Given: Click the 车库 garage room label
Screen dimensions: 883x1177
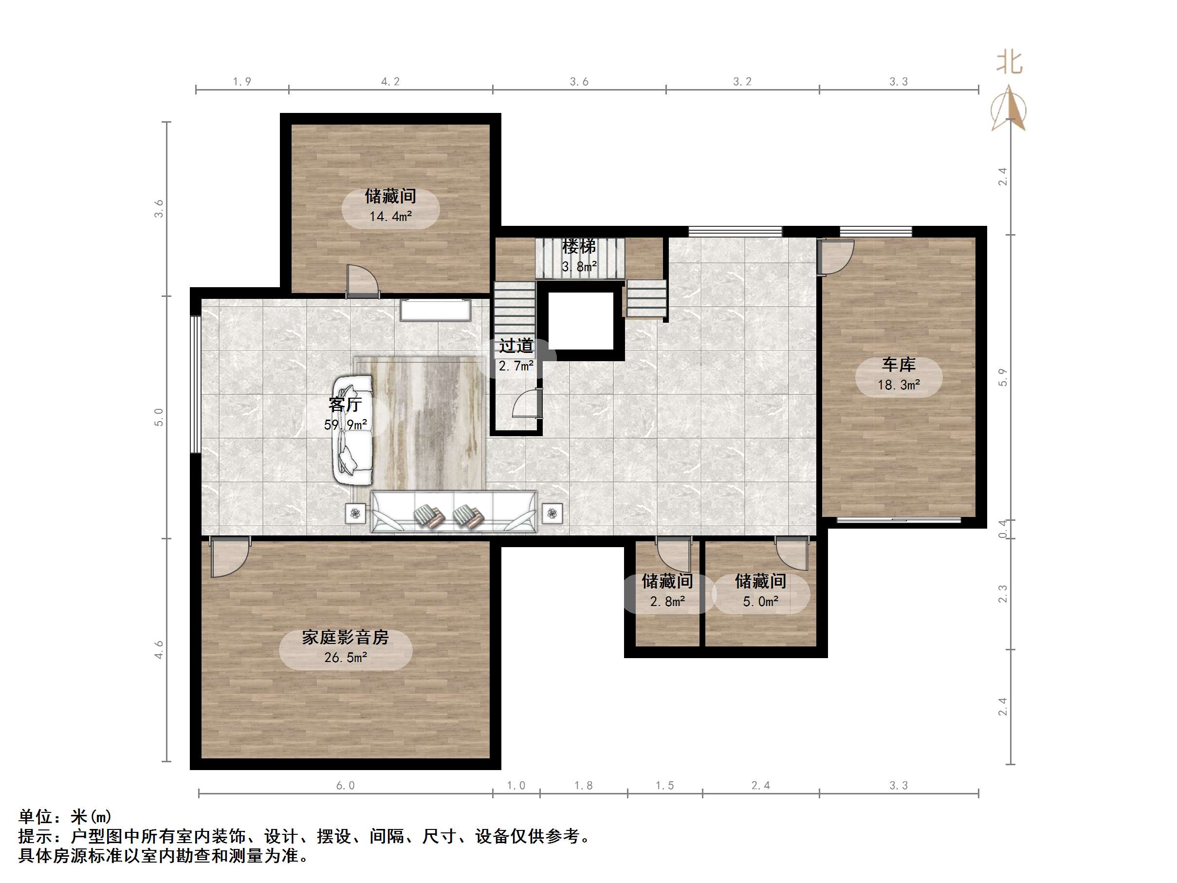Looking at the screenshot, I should click(898, 365).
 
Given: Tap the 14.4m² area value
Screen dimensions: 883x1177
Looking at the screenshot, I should click(390, 217).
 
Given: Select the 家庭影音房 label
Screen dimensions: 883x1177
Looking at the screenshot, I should click(345, 637).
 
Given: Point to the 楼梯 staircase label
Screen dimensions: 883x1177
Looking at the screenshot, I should click(579, 246).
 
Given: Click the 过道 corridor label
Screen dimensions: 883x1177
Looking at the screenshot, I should click(515, 346).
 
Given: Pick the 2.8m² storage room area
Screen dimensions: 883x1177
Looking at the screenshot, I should click(667, 602).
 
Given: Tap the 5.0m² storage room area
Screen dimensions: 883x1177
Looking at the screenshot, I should click(760, 602).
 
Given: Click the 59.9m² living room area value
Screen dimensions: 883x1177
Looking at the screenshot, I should click(345, 425).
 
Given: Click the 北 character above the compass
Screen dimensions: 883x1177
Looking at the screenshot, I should click(1010, 63).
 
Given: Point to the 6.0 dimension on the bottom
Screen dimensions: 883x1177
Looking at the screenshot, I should click(345, 786).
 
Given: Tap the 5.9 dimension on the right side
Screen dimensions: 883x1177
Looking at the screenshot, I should click(1002, 377).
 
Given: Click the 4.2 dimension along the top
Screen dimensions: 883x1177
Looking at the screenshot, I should click(390, 81).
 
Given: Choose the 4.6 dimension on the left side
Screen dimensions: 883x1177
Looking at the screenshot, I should click(159, 650).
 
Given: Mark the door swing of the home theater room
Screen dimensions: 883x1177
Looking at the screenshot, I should click(229, 556).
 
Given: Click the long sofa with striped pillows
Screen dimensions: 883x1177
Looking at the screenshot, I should click(453, 512).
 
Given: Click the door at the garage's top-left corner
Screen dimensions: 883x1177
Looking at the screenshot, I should click(835, 257).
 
